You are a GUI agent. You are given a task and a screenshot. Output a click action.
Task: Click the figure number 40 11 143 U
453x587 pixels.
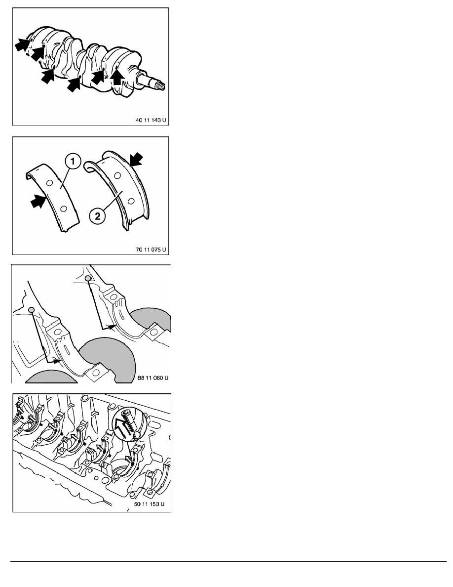coord(151,120)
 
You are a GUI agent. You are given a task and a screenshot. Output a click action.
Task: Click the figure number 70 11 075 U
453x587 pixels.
coord(151,250)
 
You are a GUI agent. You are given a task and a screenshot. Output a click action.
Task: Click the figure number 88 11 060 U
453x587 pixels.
coord(153,377)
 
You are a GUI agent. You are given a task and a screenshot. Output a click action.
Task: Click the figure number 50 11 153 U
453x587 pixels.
coord(149,504)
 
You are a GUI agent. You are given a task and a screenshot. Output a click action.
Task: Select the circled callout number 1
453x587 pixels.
coord(73,162)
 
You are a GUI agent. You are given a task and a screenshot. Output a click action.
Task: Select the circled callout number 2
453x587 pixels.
coord(97,216)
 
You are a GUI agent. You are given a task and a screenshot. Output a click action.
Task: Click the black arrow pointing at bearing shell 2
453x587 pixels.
coord(135,159)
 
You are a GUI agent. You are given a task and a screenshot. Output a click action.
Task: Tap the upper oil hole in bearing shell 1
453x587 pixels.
coord(48,182)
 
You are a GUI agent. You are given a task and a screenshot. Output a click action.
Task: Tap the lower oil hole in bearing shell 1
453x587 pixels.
coord(64,209)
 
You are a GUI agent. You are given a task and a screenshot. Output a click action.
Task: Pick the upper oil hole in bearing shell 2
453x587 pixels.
coord(117,175)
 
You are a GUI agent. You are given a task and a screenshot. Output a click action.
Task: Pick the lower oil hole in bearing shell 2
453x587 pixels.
coord(131,202)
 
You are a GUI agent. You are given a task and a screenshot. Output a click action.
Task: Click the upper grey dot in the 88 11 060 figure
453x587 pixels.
coord(88,278)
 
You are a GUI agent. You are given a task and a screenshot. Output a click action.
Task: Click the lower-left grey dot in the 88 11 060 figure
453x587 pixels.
coord(32,310)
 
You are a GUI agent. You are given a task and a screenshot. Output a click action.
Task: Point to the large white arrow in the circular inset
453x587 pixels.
coord(120,428)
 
